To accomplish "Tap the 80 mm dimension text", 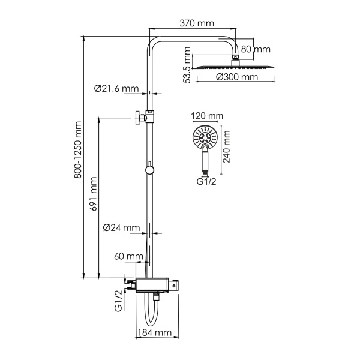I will (x=256, y=49).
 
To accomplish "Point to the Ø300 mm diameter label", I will (x=237, y=77).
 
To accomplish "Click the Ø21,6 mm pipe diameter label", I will (x=116, y=88).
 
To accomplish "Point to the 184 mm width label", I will (x=155, y=333).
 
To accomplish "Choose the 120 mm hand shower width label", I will (x=206, y=116).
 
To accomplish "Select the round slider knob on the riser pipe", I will (x=149, y=169).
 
